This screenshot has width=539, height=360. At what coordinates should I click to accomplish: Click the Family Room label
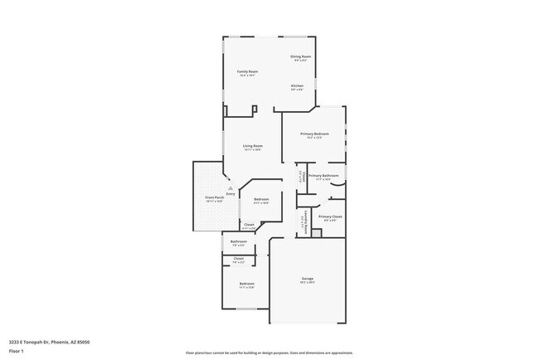coord(248,71)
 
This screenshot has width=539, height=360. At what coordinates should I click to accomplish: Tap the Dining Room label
coord(299,56)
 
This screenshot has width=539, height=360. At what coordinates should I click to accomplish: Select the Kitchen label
coord(297,85)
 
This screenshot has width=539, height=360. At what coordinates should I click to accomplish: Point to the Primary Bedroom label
coord(314,134)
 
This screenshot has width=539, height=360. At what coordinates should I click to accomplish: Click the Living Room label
coord(253,146)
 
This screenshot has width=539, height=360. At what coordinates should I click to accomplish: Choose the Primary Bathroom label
coord(323,176)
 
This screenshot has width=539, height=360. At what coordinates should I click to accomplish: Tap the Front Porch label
coord(214,197)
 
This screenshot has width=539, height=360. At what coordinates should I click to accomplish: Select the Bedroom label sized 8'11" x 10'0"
coord(261,199)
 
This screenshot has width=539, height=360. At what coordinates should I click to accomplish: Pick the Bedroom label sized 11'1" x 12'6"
coord(247,284)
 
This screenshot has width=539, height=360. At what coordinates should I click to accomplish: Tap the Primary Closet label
coord(331,216)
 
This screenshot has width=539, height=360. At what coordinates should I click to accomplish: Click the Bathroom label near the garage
coord(239,242)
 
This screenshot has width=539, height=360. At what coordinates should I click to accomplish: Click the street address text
coord(49,342)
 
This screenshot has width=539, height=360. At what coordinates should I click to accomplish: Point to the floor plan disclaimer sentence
coord(269,352)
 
